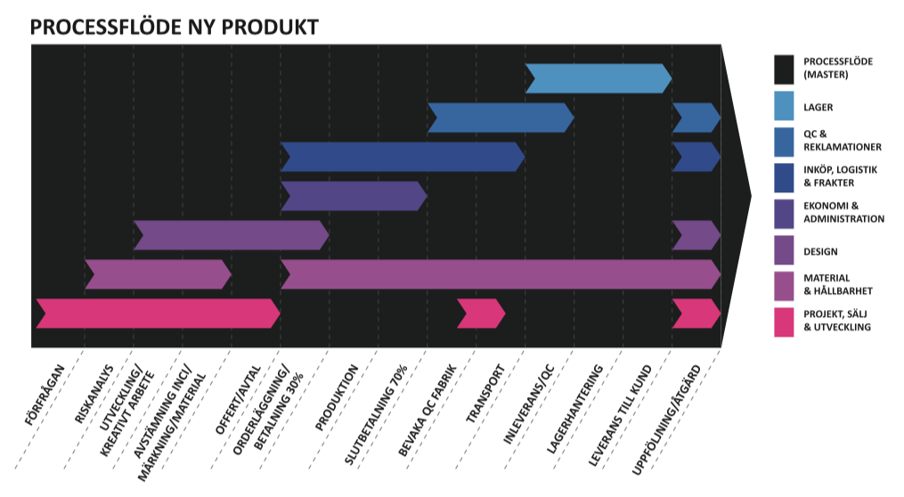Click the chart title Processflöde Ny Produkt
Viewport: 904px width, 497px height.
(x=174, y=28)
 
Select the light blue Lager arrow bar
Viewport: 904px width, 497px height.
(x=598, y=78)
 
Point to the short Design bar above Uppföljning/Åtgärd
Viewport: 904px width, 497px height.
(x=696, y=235)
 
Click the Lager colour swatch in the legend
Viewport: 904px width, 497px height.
(x=784, y=107)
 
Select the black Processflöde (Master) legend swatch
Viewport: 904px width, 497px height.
(x=784, y=69)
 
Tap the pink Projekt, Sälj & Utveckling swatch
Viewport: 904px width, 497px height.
(x=784, y=321)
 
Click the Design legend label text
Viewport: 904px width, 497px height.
(x=820, y=252)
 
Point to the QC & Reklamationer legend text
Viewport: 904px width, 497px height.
(x=842, y=140)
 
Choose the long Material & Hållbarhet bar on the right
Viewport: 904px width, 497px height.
(x=499, y=274)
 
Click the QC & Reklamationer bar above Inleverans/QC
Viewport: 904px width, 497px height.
(x=500, y=118)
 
